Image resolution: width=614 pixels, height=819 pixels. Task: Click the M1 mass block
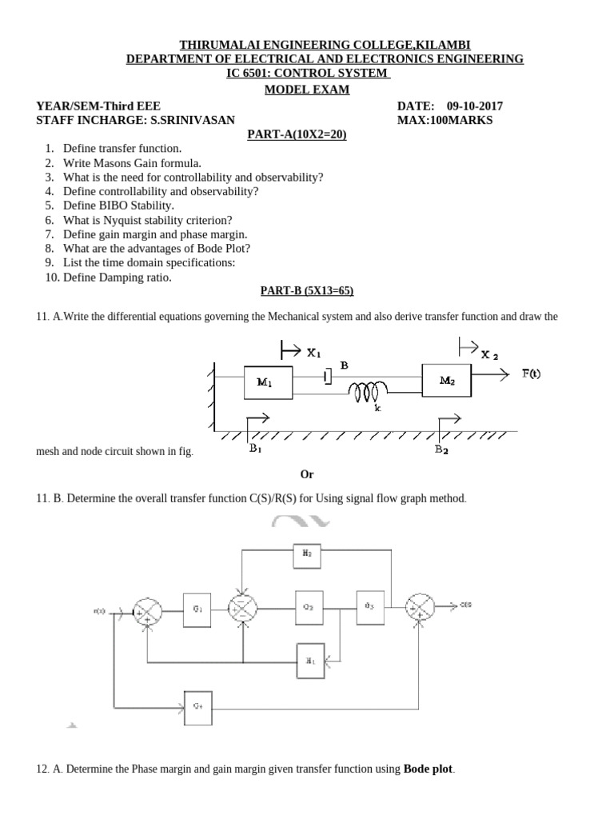coord(267,382)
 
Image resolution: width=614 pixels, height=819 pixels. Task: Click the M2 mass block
coord(447,382)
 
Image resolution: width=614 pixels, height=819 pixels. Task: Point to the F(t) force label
coord(531,374)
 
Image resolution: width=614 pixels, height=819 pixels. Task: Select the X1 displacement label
coord(313,351)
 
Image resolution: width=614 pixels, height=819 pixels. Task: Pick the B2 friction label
coord(442,449)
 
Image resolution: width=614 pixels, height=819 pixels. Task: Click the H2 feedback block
coord(307,553)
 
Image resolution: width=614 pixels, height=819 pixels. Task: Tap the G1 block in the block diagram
coord(197,609)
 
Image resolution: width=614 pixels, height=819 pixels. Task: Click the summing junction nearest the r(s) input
coord(147,610)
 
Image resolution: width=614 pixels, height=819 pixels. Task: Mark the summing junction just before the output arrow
coord(419,608)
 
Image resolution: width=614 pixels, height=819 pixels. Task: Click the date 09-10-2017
coord(475,106)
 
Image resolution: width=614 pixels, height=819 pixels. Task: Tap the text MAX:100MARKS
coord(445,120)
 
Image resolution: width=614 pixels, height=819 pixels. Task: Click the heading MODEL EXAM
coord(307,90)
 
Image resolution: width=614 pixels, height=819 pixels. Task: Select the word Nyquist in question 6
coord(122,220)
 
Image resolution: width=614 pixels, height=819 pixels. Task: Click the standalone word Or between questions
coord(307,474)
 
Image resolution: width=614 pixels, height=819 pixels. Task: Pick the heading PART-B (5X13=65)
coord(307,292)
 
